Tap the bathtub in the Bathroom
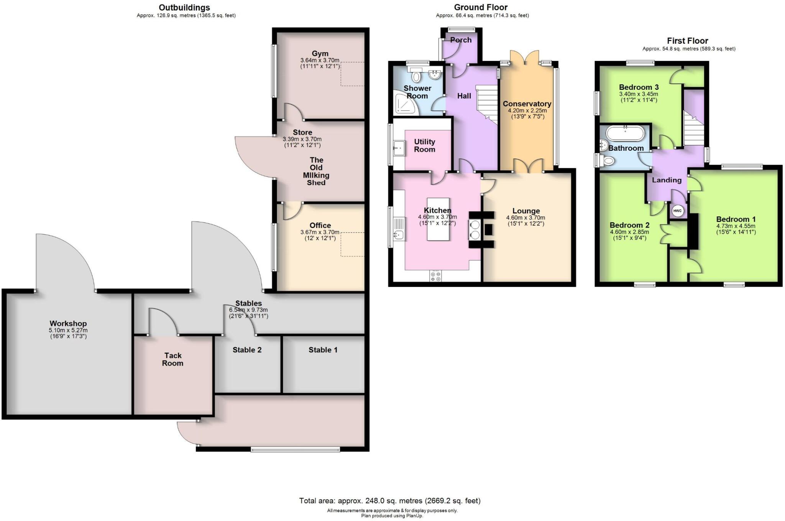point(626,134)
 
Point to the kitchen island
point(438,219)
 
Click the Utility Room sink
point(399,147)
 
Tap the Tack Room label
point(173,359)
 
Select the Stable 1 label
point(323,350)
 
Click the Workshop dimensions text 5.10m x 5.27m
point(68,330)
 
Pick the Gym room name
point(320,54)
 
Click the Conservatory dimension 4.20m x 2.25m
point(527,110)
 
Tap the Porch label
point(461,40)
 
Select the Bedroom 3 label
point(639,87)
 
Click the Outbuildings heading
point(184,7)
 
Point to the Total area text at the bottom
point(389,501)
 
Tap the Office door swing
point(291,211)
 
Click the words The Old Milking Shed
point(316,171)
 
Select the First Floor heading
point(687,41)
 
